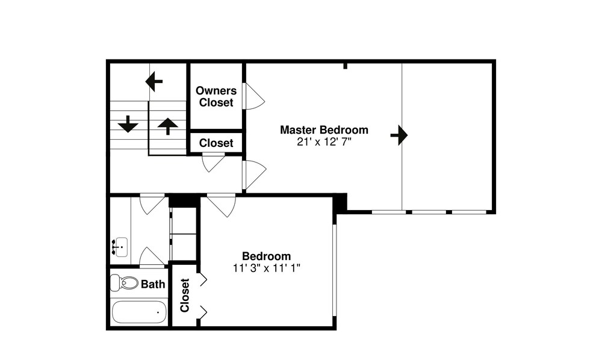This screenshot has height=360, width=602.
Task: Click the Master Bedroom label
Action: click(324, 129)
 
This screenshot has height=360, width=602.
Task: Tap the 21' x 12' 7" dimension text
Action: click(324, 142)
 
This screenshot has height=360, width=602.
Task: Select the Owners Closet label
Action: click(216, 96)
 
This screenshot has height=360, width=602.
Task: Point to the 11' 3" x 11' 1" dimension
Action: click(267, 268)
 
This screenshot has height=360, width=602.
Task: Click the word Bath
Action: click(153, 284)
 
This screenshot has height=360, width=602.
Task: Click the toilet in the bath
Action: click(124, 283)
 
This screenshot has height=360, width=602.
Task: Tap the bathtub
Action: click(139, 312)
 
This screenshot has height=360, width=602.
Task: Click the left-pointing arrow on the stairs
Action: click(154, 81)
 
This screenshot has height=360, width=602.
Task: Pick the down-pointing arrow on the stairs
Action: click(128, 123)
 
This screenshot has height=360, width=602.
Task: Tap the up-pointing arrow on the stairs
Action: click(168, 126)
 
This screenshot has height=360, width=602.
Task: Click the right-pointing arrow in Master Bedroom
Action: click(399, 135)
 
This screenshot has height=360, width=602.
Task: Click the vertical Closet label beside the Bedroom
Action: click(185, 295)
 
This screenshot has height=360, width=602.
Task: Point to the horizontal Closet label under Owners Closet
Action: click(216, 143)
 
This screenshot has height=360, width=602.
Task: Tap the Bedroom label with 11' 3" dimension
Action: click(267, 256)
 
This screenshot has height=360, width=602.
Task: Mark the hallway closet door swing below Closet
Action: click(214, 163)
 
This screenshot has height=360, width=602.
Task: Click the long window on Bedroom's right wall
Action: click(335, 270)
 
